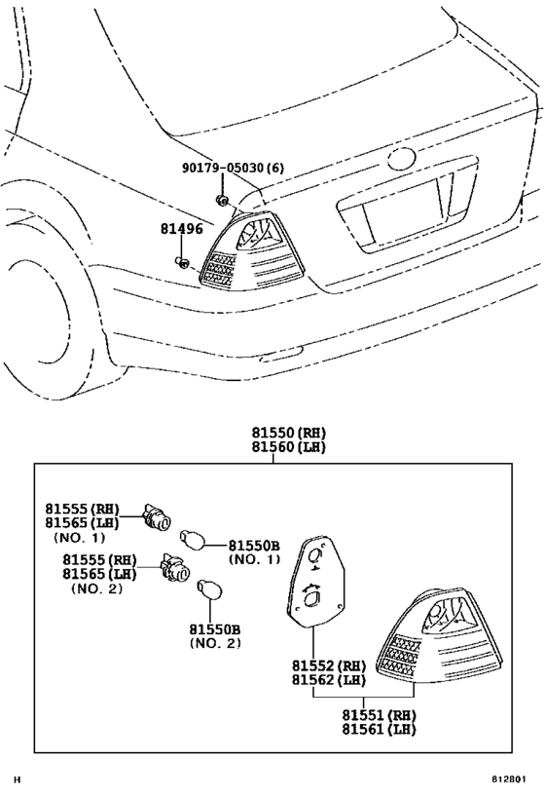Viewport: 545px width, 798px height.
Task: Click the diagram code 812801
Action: (x=514, y=779)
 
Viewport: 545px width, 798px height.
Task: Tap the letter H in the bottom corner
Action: (x=16, y=779)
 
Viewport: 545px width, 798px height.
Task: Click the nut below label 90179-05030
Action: (x=223, y=201)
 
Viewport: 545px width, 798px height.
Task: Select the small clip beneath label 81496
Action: (x=181, y=262)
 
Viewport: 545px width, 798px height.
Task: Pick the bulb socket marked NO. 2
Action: (x=175, y=569)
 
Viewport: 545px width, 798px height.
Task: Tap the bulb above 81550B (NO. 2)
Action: (x=205, y=590)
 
